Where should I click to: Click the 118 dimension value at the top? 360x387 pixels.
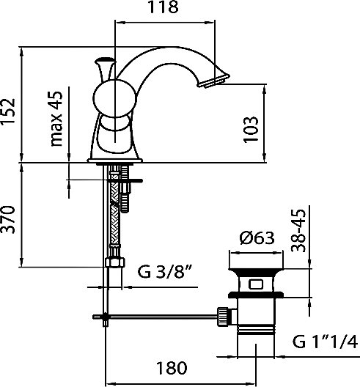point(163,7)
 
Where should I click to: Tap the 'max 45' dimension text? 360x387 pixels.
point(56,119)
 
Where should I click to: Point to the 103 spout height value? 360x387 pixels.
point(251,129)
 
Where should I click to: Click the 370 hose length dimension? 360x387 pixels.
point(7,220)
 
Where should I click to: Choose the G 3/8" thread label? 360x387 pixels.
point(165,271)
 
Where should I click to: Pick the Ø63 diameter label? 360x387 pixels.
point(257,238)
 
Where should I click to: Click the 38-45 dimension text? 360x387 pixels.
point(298,231)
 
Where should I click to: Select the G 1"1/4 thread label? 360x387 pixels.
point(325,342)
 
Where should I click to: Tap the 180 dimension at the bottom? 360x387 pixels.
point(172,368)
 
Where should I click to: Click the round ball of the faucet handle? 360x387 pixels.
point(114,98)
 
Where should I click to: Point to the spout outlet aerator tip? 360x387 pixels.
point(214,81)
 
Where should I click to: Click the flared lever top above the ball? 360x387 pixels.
point(106,69)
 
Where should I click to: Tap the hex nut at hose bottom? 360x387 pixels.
point(115,262)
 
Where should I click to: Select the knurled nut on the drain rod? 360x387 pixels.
point(223,316)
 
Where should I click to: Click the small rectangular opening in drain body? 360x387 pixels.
point(256,284)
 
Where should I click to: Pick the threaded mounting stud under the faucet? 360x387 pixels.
point(125,189)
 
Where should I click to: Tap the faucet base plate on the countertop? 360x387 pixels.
point(115,161)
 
